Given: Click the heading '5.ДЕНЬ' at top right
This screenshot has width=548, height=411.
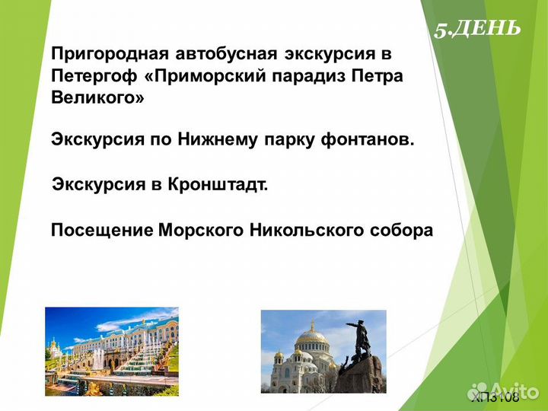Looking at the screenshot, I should pyautogui.click(x=477, y=29).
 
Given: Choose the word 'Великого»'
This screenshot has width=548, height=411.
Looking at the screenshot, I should pyautogui.click(x=97, y=99).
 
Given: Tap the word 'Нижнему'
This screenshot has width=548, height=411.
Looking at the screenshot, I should pyautogui.click(x=218, y=139).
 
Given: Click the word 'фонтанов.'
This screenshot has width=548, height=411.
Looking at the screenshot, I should pyautogui.click(x=368, y=139).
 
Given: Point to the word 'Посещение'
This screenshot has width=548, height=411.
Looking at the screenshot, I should pyautogui.click(x=100, y=230).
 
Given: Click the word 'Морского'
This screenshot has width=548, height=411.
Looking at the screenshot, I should pyautogui.click(x=199, y=230).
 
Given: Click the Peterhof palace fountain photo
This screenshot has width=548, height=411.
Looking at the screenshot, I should pyautogui.click(x=111, y=350).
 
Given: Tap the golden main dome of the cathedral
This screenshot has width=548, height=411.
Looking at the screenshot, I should pyautogui.click(x=311, y=335).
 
